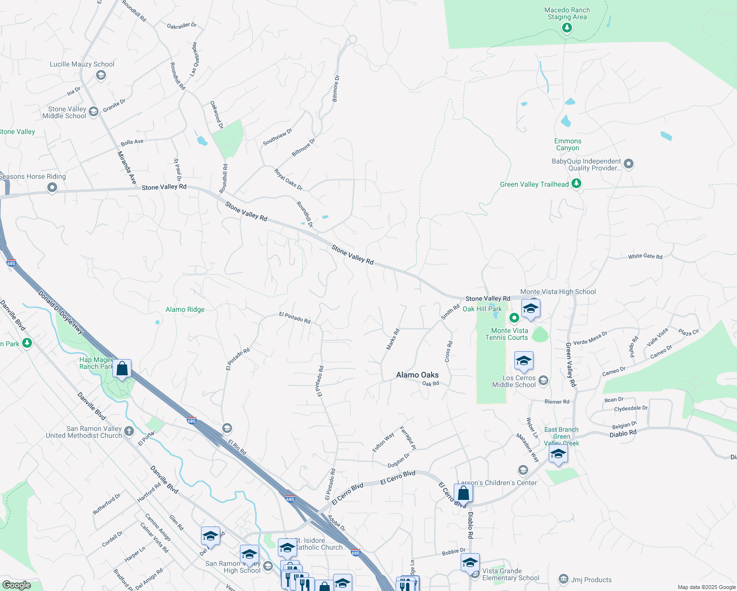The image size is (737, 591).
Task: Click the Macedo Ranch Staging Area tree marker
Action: [567, 28]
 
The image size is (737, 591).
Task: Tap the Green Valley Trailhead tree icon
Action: [576, 184]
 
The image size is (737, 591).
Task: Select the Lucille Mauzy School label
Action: [82, 64]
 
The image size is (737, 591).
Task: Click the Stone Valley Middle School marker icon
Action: [93, 112]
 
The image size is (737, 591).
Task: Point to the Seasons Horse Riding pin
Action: [52, 188]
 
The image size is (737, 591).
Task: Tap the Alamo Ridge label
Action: [185, 309]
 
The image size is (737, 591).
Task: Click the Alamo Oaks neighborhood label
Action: [417, 375]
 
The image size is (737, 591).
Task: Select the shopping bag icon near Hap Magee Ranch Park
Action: [122, 369]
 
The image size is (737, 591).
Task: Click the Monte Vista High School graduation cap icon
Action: [530, 309]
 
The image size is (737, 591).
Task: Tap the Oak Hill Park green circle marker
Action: [514, 318]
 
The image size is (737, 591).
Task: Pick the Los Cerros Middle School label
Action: [514, 381]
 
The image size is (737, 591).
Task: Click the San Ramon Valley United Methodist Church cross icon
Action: [129, 431]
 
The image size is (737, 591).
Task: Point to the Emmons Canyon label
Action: [568, 144]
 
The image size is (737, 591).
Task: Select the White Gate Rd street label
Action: [645, 256]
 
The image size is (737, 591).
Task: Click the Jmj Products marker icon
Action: [564, 579]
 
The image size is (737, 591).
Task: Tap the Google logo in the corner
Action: [16, 585]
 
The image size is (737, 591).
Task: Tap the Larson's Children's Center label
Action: [497, 483]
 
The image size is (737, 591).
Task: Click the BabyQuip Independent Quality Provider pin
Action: [629, 164]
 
